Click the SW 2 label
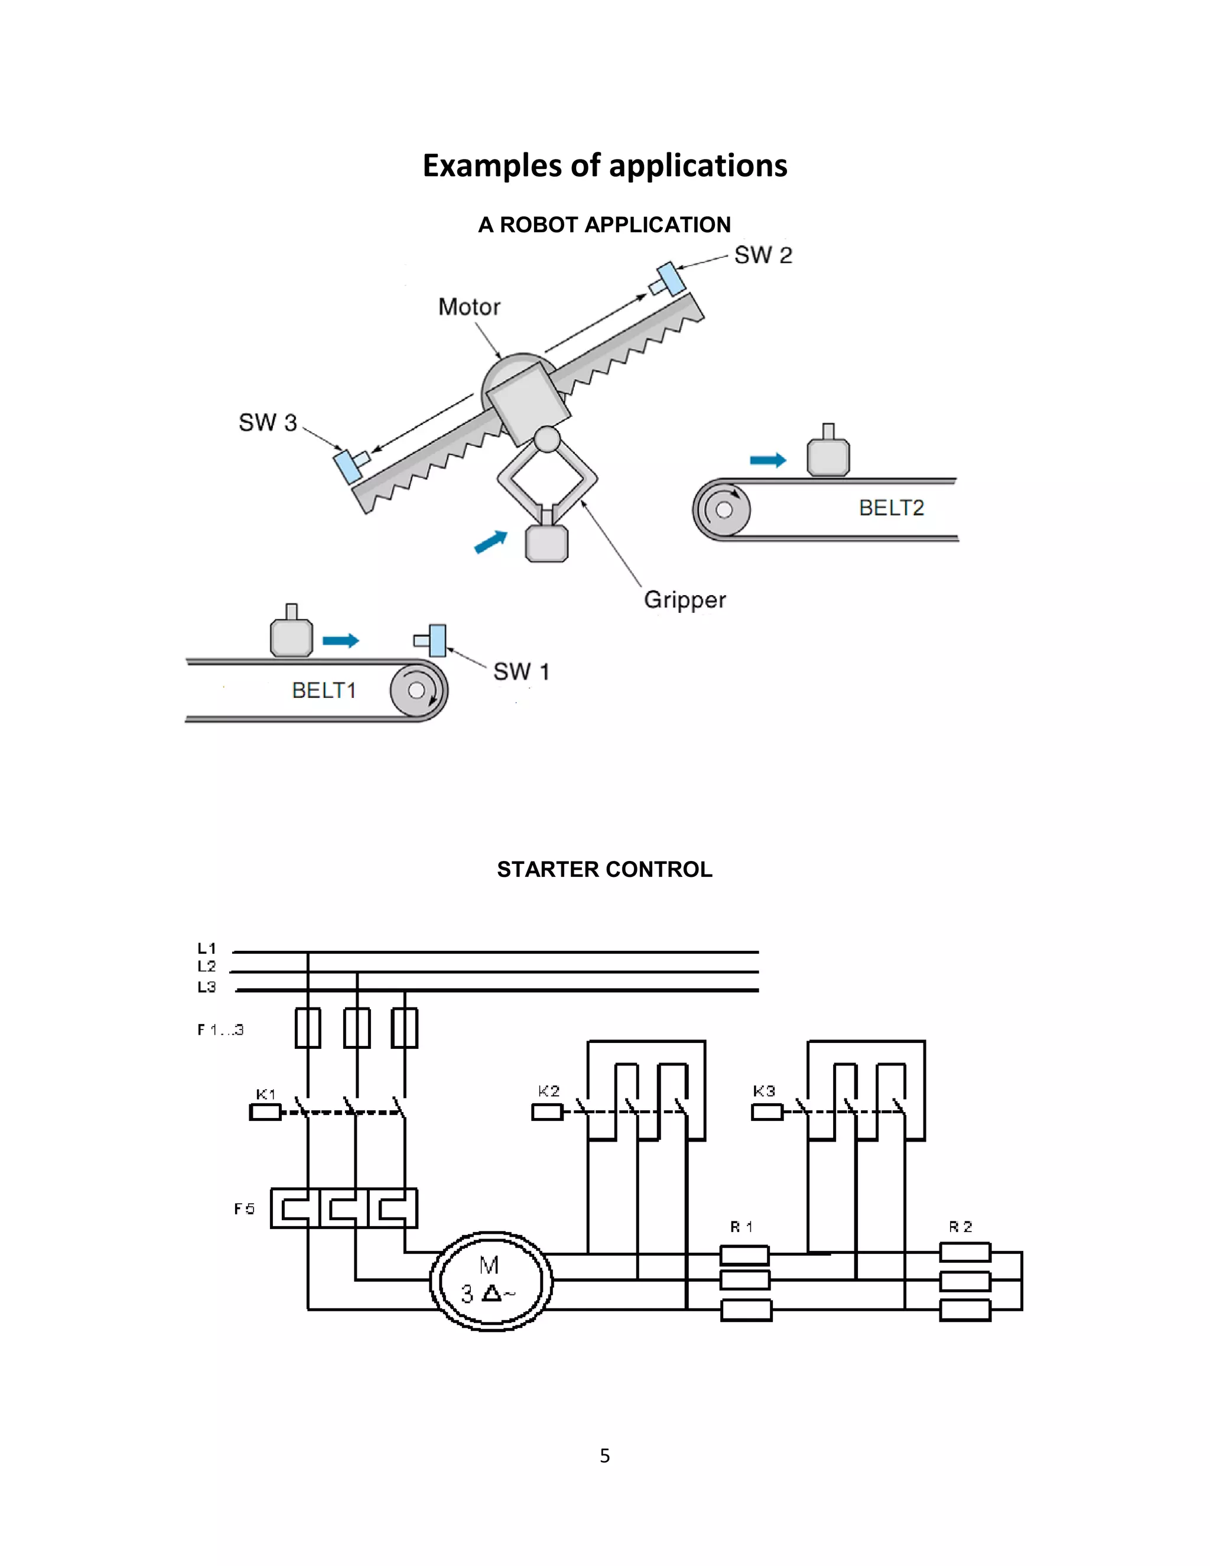point(763,255)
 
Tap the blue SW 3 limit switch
point(347,466)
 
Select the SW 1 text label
point(521,672)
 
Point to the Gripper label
point(685,599)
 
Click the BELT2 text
point(891,508)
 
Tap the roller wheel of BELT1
point(418,690)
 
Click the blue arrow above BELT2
point(767,460)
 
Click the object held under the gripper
point(547,543)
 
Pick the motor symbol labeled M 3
point(491,1281)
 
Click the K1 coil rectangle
point(265,1112)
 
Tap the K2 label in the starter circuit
point(548,1091)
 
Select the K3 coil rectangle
point(766,1112)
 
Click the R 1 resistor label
point(741,1227)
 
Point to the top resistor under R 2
point(965,1253)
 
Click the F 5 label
point(245,1209)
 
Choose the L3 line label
point(206,987)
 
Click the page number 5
point(604,1455)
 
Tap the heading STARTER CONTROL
point(604,869)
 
